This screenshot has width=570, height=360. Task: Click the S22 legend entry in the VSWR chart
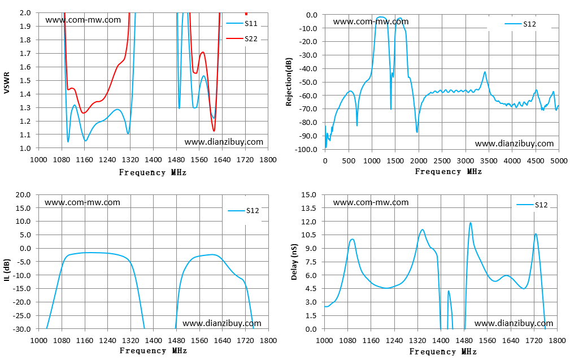point(242,38)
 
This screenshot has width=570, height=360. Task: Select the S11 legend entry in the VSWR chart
point(242,23)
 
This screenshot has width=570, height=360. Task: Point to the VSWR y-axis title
point(7,83)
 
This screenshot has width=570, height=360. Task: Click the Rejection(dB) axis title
point(289,82)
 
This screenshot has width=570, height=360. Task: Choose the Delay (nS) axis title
point(294,262)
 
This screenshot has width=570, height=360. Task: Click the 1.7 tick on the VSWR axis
point(25,54)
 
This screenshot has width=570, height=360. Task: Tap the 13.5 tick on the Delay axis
point(309,208)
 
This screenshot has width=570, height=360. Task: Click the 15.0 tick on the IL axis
point(23,208)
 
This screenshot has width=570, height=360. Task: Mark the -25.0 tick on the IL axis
point(22,315)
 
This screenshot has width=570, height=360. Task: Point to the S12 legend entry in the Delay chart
point(532,205)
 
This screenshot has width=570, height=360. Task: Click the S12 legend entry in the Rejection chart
point(520,24)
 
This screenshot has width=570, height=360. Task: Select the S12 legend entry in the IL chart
point(243,211)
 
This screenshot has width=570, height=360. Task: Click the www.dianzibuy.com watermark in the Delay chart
point(514,323)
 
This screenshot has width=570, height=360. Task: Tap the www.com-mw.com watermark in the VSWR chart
point(83,20)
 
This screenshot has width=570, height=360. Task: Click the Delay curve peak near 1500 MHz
point(471,223)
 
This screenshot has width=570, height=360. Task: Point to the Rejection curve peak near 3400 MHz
point(485,72)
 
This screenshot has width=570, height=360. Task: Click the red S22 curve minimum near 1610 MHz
point(214,131)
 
